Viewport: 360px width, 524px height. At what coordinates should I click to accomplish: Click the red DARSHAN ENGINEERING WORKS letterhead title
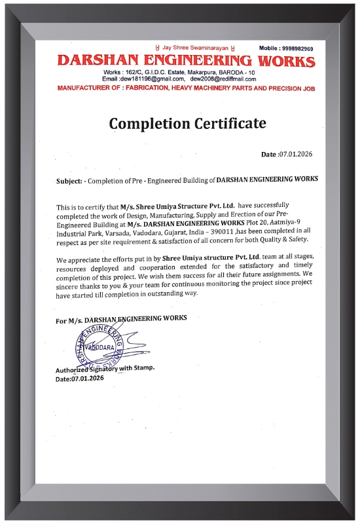click(x=186, y=62)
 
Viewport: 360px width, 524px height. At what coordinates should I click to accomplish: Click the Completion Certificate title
click(x=187, y=123)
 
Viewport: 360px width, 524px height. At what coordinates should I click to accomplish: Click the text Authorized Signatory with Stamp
click(x=105, y=369)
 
